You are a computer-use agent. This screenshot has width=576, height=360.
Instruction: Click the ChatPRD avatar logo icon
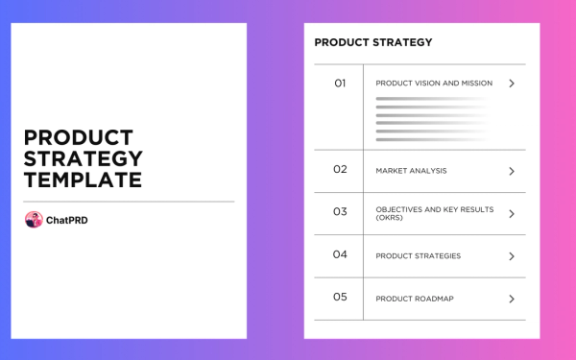tap(34, 220)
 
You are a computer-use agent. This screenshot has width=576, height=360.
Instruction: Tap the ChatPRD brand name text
tap(67, 220)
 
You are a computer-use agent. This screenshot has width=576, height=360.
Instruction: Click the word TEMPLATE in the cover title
tap(83, 180)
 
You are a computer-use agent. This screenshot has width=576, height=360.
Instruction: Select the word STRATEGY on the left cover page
tap(84, 158)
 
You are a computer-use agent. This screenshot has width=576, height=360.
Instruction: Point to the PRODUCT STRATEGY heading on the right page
tap(373, 42)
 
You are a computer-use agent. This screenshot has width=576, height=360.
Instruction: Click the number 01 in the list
tap(340, 84)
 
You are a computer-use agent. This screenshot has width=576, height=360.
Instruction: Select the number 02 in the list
tap(340, 169)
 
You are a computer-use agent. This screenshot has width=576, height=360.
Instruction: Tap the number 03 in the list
tap(340, 211)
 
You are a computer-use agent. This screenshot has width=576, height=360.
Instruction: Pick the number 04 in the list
tap(340, 254)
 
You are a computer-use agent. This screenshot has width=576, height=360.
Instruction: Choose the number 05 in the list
tap(340, 297)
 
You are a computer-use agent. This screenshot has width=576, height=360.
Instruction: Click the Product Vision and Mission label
tap(434, 84)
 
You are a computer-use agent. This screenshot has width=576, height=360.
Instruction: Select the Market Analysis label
tap(411, 171)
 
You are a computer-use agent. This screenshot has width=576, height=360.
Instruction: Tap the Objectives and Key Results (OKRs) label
tap(434, 213)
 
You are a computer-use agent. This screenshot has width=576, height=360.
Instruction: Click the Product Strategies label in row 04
tap(418, 256)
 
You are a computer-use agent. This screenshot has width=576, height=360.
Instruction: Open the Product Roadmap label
tap(415, 299)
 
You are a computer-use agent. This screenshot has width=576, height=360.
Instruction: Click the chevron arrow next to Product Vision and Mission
tap(512, 84)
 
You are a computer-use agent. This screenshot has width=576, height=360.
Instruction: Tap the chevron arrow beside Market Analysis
tap(512, 171)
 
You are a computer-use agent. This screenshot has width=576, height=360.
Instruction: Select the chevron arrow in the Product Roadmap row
tap(512, 299)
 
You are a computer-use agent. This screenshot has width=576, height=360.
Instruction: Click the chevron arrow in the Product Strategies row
tap(512, 256)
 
